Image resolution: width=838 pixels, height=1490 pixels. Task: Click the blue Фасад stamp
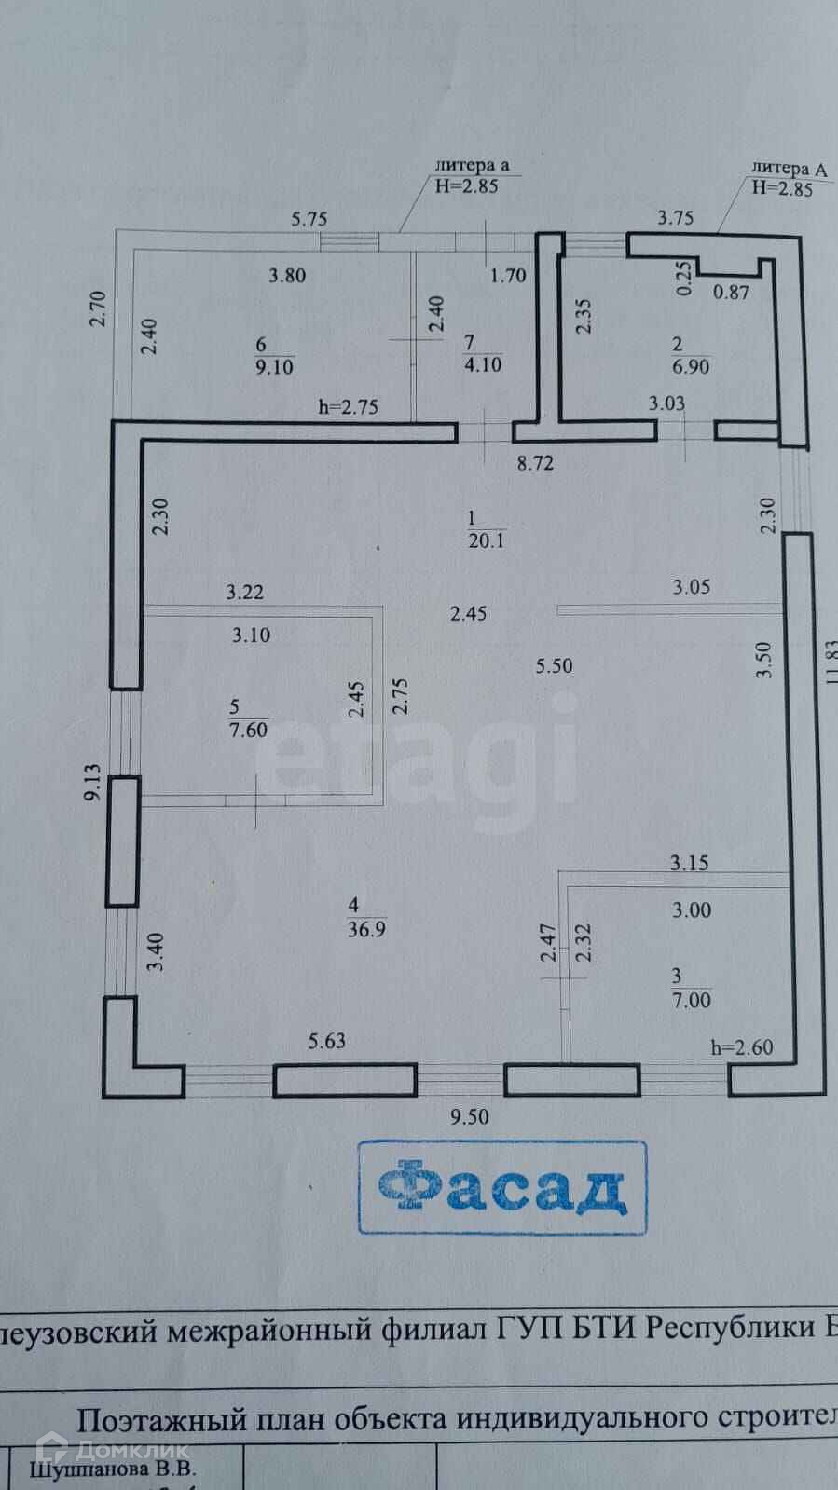501,1187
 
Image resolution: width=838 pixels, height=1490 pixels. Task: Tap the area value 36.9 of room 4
366,929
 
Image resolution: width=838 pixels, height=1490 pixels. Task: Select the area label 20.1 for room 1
486,540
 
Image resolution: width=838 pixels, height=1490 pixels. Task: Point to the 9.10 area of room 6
274,366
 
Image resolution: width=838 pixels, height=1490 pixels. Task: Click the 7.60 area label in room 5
248,730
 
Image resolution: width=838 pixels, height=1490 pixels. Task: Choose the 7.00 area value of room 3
691,1001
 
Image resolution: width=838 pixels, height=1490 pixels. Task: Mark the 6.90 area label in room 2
691,366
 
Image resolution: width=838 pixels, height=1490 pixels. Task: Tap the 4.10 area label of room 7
483,364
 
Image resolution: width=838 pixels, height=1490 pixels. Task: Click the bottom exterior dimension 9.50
469,1117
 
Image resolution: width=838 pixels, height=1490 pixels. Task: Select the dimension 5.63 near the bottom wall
327,1041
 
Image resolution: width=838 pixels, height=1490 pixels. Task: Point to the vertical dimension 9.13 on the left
91,783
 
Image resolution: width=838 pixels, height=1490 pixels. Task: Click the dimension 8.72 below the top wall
535,463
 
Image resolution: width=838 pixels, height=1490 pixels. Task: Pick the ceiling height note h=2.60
741,1047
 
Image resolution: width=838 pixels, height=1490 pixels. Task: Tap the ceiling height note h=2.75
348,406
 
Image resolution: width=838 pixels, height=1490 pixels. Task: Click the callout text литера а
472,166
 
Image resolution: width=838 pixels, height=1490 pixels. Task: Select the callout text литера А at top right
789,169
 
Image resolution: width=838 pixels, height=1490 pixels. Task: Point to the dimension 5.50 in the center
554,665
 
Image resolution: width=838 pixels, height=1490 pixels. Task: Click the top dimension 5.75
309,219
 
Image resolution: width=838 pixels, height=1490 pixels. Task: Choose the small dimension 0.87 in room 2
731,292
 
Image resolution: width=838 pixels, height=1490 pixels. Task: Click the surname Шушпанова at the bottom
113,1470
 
